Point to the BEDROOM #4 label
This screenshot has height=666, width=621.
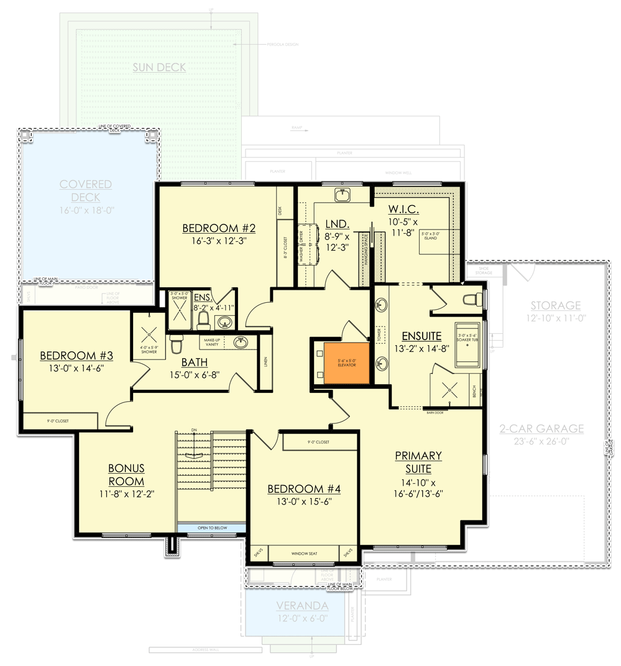(304, 489)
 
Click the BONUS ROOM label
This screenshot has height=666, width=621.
(126, 474)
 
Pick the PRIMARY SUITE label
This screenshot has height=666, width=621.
(418, 463)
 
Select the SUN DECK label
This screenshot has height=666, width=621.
(159, 67)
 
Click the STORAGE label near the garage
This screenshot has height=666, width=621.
(556, 305)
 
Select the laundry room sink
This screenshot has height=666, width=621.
(341, 195)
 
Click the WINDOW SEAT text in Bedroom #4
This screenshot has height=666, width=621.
(305, 552)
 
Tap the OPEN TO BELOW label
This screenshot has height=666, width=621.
(213, 528)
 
